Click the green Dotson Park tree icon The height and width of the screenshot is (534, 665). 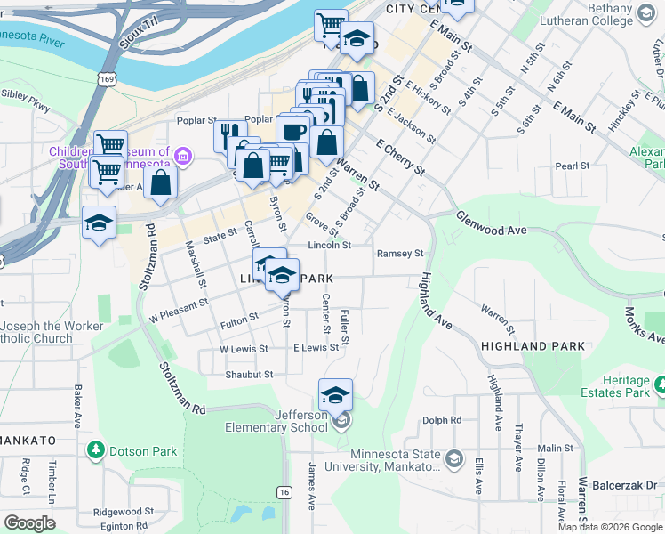click(96, 451)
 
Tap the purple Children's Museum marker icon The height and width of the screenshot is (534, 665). click(183, 158)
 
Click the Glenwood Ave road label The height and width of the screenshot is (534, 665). click(492, 223)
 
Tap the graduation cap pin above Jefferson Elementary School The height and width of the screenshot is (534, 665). click(335, 393)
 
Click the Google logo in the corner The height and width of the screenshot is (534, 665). click(29, 523)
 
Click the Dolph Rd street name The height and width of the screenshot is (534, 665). click(442, 420)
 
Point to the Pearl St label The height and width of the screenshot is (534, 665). click(573, 166)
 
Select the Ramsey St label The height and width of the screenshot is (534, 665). click(400, 254)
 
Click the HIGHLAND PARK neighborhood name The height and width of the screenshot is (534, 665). click(525, 345)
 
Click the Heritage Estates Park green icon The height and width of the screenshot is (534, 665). click(660, 384)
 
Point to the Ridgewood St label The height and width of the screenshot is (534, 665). click(124, 512)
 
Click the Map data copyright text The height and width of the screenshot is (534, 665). click(610, 527)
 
